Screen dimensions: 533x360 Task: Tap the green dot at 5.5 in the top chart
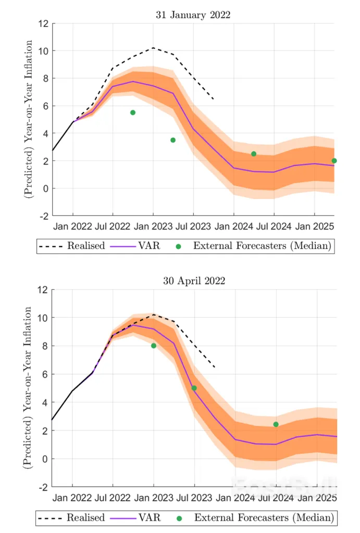[133, 112]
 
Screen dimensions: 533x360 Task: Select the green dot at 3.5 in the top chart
[173, 140]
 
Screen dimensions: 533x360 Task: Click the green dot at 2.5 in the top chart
[254, 154]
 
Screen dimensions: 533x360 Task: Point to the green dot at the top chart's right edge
[334, 161]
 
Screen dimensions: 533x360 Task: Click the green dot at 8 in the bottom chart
[154, 346]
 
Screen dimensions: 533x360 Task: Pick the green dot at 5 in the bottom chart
[194, 388]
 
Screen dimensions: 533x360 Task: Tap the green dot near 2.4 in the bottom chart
[276, 424]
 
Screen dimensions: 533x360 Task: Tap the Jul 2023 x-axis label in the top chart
[193, 227]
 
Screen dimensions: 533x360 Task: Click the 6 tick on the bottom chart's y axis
[45, 374]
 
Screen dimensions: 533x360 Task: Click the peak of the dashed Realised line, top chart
[153, 48]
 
